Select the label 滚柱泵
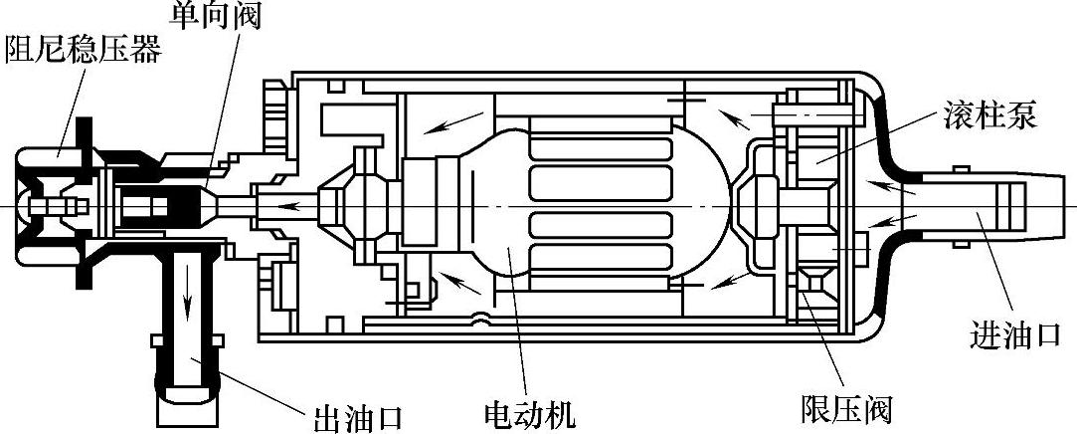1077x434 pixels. pyautogui.click(x=989, y=116)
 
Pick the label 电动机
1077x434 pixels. pyautogui.click(x=528, y=412)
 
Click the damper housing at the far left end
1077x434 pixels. pyautogui.click(x=30, y=206)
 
